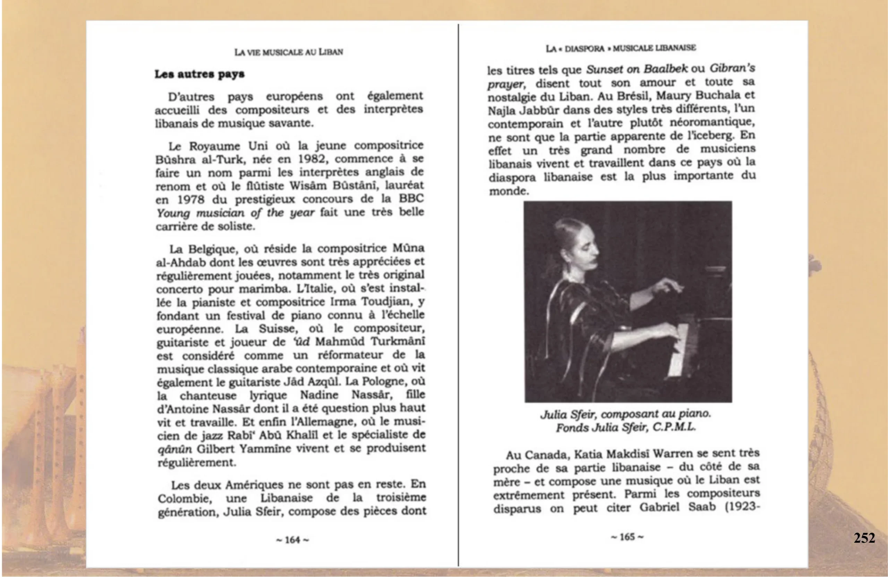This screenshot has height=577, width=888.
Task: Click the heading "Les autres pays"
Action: click(x=199, y=74)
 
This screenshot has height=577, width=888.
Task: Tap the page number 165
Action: click(x=627, y=537)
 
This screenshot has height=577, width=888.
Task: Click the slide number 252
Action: click(x=864, y=537)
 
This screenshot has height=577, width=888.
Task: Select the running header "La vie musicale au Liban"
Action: click(x=288, y=52)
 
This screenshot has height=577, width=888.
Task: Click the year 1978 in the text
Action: click(x=191, y=200)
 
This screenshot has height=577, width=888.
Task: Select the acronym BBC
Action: click(x=411, y=198)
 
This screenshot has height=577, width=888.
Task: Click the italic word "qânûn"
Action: click(x=174, y=449)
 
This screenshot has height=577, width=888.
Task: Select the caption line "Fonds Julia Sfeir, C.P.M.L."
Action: click(x=626, y=427)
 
